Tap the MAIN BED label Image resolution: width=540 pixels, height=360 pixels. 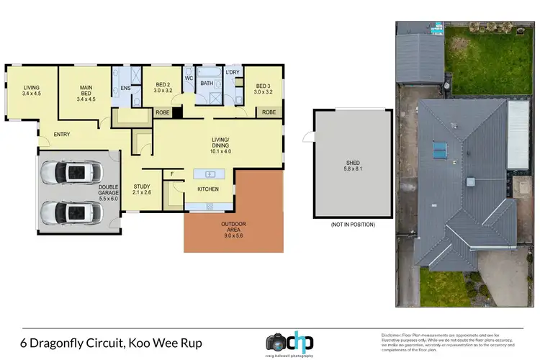tap(86, 92)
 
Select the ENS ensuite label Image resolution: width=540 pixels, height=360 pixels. tap(125, 89)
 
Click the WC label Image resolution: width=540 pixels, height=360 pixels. tap(188, 78)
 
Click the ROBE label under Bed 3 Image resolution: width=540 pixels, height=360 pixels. tap(269, 112)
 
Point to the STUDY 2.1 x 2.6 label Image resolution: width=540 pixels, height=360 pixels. tap(142, 189)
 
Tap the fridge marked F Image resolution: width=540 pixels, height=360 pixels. tap(172, 174)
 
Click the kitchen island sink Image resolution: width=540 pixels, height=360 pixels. tap(210, 174)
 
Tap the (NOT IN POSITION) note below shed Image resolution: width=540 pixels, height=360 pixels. tap(352, 225)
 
